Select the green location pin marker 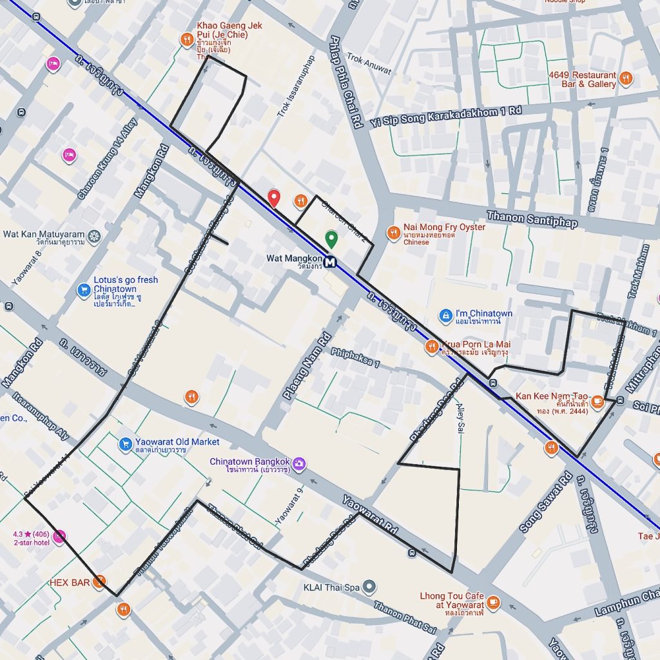pos(331,239)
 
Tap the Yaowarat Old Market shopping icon pos(126,444)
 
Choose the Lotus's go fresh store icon pos(83,291)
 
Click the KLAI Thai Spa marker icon pos(369,587)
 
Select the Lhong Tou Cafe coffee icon pos(494,602)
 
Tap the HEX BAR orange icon pos(99,583)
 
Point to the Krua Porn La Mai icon pos(432,347)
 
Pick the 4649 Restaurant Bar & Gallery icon pos(626,79)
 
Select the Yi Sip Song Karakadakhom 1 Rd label pos(445,118)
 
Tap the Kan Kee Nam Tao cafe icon pos(597,402)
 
